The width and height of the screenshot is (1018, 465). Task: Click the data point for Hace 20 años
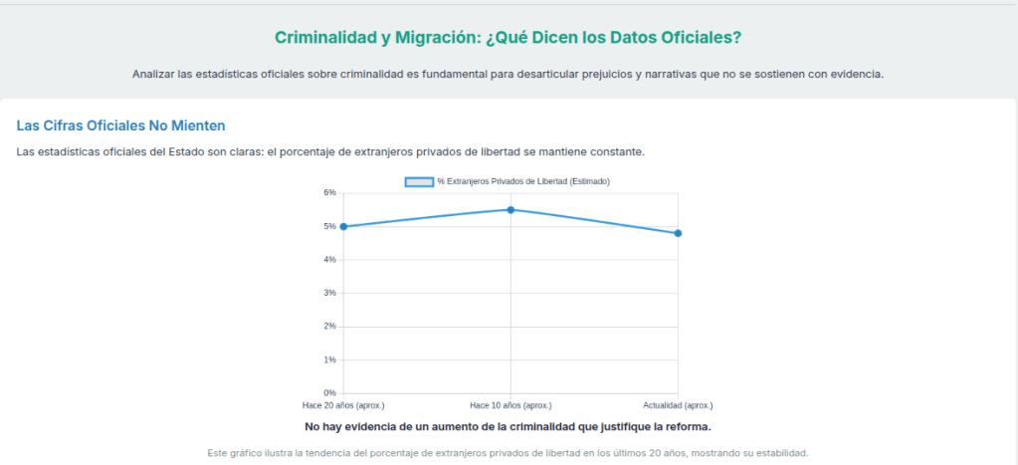tap(343, 227)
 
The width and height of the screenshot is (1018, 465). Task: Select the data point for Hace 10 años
tap(510, 210)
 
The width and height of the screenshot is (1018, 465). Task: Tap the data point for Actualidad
tap(678, 233)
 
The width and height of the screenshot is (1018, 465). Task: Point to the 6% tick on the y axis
tap(329, 192)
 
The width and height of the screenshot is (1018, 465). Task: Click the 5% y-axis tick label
tap(329, 226)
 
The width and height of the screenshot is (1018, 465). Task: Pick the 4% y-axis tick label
tap(329, 260)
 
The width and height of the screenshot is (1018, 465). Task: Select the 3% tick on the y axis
tap(329, 293)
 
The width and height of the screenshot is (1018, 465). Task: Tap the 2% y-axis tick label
tap(329, 327)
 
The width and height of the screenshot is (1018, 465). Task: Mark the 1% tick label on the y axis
tap(329, 359)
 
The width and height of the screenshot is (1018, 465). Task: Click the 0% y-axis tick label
tap(329, 393)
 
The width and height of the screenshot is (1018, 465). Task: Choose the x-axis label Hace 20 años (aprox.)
tap(343, 406)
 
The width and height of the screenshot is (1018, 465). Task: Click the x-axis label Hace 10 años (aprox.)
tap(510, 406)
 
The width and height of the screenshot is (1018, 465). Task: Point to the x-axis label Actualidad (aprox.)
tap(678, 406)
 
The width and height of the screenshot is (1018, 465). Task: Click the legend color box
tap(419, 181)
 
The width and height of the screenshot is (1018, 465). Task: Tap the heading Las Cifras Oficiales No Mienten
tap(121, 125)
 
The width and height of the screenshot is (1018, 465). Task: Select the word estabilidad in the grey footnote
tap(782, 453)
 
